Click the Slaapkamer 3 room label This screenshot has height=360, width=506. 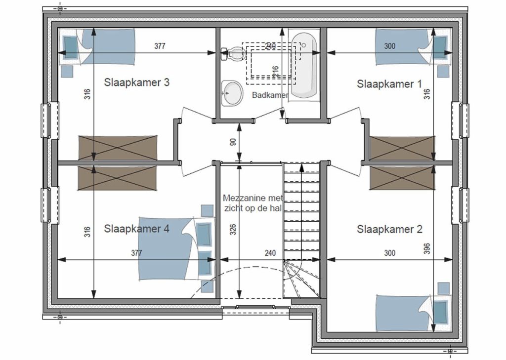pyautogui.click(x=136, y=82)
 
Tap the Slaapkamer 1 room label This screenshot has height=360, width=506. pyautogui.click(x=389, y=84)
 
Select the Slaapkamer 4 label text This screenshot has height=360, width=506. pyautogui.click(x=136, y=229)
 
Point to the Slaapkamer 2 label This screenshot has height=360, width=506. pyautogui.click(x=389, y=229)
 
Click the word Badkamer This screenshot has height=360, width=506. pyautogui.click(x=270, y=95)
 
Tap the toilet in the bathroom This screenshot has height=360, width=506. pyautogui.click(x=232, y=54)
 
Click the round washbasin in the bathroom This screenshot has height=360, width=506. pyautogui.click(x=232, y=93)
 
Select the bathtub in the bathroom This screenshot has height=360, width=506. pyautogui.click(x=304, y=66)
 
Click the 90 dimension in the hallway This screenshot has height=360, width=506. pyautogui.click(x=233, y=142)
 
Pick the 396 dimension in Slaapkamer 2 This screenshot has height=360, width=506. pyautogui.click(x=427, y=249)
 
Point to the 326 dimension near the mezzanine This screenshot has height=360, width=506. pyautogui.click(x=233, y=229)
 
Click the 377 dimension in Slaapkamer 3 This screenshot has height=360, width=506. pyautogui.click(x=160, y=46)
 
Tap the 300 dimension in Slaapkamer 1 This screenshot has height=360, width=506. pyautogui.click(x=389, y=46)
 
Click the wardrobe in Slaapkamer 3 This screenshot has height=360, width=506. pyautogui.click(x=118, y=148)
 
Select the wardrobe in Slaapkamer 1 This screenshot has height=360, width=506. pyautogui.click(x=402, y=148)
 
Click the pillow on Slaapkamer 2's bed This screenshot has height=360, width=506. pyautogui.click(x=440, y=312)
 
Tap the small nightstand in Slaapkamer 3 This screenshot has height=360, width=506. pyautogui.click(x=67, y=71)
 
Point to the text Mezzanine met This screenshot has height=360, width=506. pyautogui.click(x=253, y=198)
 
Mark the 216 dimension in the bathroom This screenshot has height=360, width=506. pyautogui.click(x=275, y=72)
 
